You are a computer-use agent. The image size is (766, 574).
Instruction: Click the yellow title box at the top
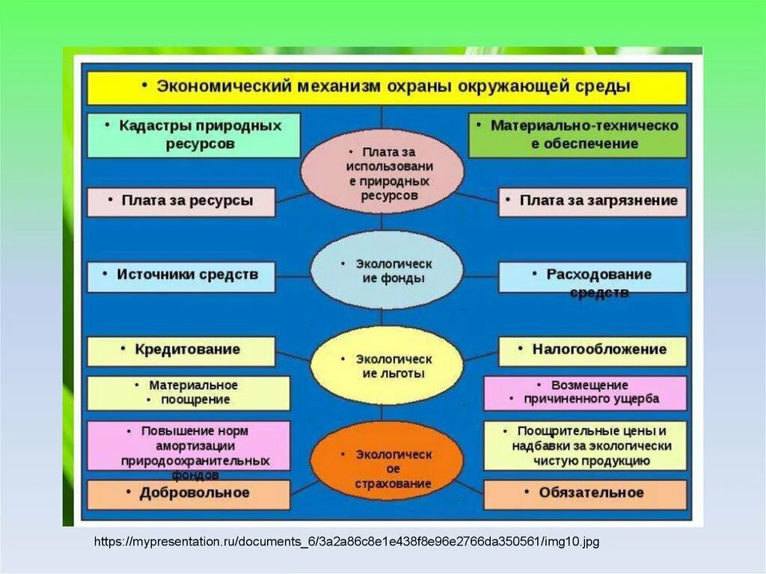click(387, 87)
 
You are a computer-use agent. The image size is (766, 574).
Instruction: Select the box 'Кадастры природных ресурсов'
click(194, 135)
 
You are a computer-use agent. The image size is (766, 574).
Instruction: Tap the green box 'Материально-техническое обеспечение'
click(577, 135)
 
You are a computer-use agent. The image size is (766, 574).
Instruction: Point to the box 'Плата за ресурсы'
click(181, 201)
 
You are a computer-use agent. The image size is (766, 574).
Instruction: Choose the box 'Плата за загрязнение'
click(592, 201)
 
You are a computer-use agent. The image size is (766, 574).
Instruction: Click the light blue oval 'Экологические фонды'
click(382, 271)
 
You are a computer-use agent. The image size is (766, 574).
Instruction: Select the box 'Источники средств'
click(181, 275)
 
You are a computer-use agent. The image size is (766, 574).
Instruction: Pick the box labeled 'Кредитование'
click(181, 350)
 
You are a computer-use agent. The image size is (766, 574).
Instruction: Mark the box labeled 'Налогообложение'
click(592, 350)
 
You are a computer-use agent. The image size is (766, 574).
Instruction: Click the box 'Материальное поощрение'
click(189, 393)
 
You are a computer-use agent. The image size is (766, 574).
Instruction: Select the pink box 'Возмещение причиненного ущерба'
click(585, 393)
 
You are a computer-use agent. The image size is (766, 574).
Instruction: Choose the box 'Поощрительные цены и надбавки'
click(585, 446)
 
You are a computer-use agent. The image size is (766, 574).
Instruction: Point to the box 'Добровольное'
click(189, 494)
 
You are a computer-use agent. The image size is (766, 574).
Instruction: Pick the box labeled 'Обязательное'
click(585, 494)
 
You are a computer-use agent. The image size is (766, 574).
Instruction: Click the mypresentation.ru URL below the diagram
click(346, 540)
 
